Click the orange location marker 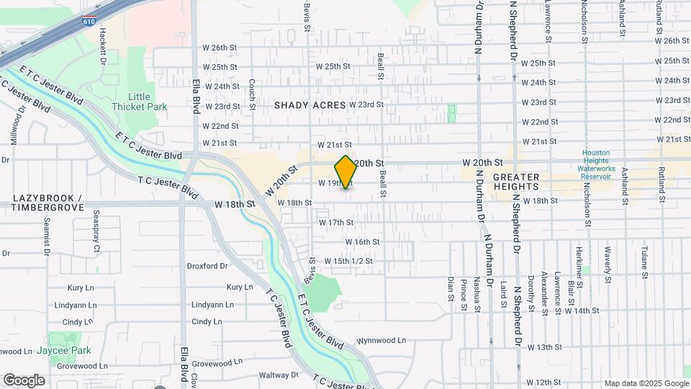(345, 172)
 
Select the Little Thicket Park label (140, 102)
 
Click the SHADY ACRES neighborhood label (310, 105)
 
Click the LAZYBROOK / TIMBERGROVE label (48, 202)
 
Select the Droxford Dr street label (207, 266)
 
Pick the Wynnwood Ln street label (381, 340)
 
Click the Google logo (24, 380)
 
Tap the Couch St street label (252, 94)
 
